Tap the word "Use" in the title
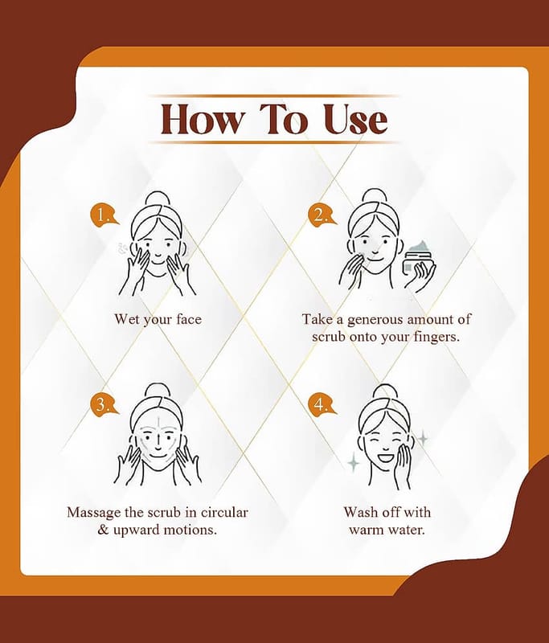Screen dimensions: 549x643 coord(356,119)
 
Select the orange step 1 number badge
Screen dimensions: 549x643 coord(104,215)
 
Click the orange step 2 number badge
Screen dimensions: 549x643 coord(322,215)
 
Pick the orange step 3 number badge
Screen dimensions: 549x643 coord(104,405)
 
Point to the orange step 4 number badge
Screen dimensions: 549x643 coord(322,405)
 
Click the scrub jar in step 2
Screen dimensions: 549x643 coord(419,262)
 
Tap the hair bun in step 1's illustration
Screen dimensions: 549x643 coord(158,201)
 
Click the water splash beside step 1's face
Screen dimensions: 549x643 coord(122,249)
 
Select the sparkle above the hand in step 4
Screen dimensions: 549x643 coord(422,438)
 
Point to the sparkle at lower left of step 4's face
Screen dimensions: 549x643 coord(354,463)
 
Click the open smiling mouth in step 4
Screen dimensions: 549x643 coord(386,456)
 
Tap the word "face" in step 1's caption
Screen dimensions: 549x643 coord(189,319)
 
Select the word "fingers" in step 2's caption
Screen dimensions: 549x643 coord(436,337)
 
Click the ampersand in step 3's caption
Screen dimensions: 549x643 coord(104,530)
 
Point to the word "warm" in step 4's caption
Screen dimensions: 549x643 coord(367,530)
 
